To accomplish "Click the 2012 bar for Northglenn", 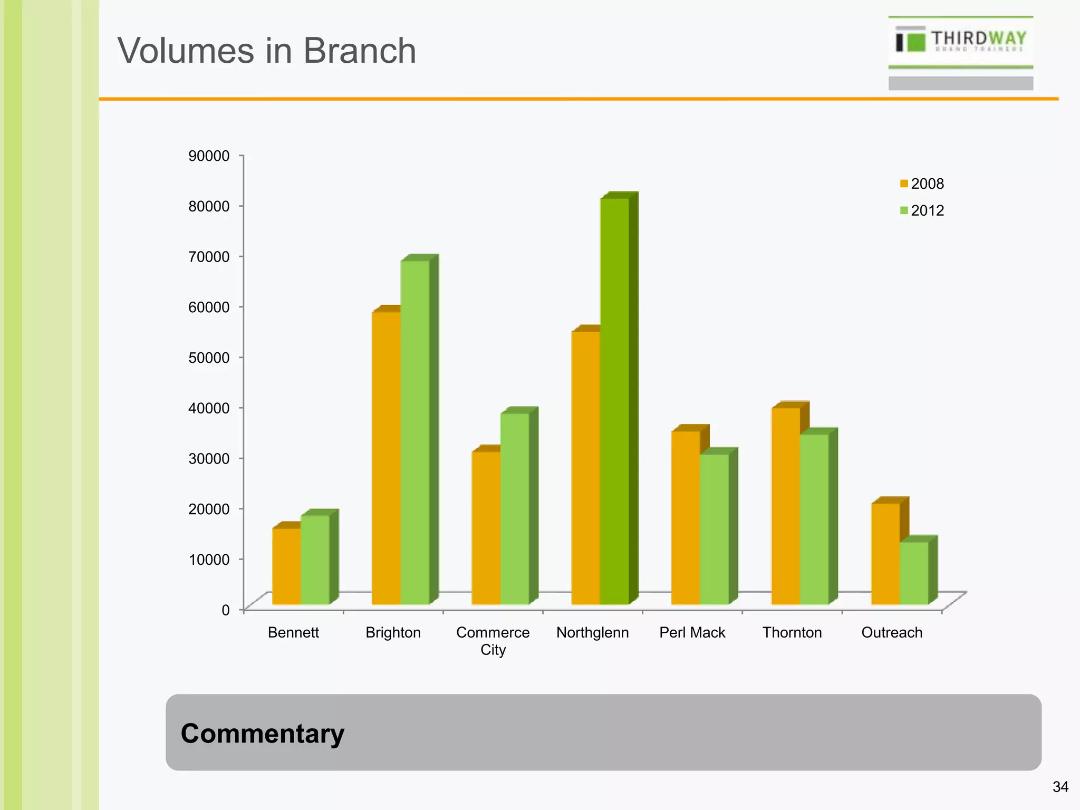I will pos(615,401).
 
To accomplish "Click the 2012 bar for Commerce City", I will pos(515,508).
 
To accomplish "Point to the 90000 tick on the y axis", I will pos(209,156).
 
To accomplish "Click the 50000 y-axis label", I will pos(209,358).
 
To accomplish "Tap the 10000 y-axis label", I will pos(209,560).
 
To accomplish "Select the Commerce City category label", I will pos(493,640).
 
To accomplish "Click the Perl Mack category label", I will pos(692,632).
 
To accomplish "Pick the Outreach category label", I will pos(892,632).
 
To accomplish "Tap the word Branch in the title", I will pos(359,51).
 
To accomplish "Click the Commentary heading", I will pos(262,733).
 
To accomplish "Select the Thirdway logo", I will pos(960,41).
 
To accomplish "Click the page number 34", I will pos(1060,787).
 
